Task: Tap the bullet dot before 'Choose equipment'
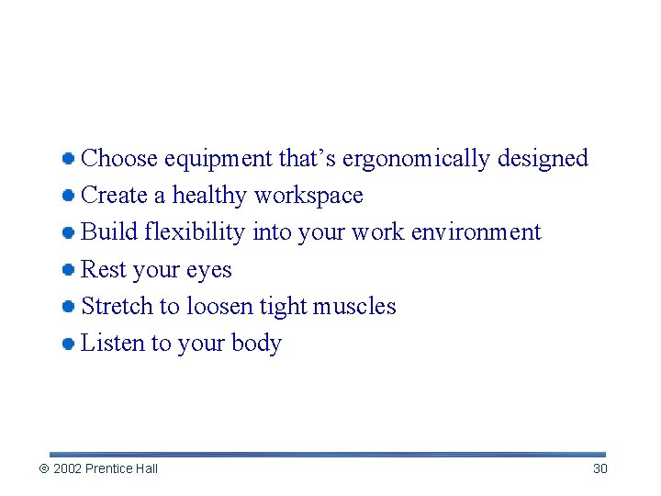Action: click(68, 159)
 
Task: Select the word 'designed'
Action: click(543, 159)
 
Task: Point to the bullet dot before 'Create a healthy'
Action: click(68, 196)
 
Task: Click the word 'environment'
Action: click(476, 232)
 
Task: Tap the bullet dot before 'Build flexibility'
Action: click(68, 233)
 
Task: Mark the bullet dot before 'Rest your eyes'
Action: click(68, 270)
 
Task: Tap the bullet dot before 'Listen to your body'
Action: click(68, 344)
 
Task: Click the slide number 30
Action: click(599, 469)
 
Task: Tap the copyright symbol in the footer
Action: click(43, 469)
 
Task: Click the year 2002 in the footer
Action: click(67, 469)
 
